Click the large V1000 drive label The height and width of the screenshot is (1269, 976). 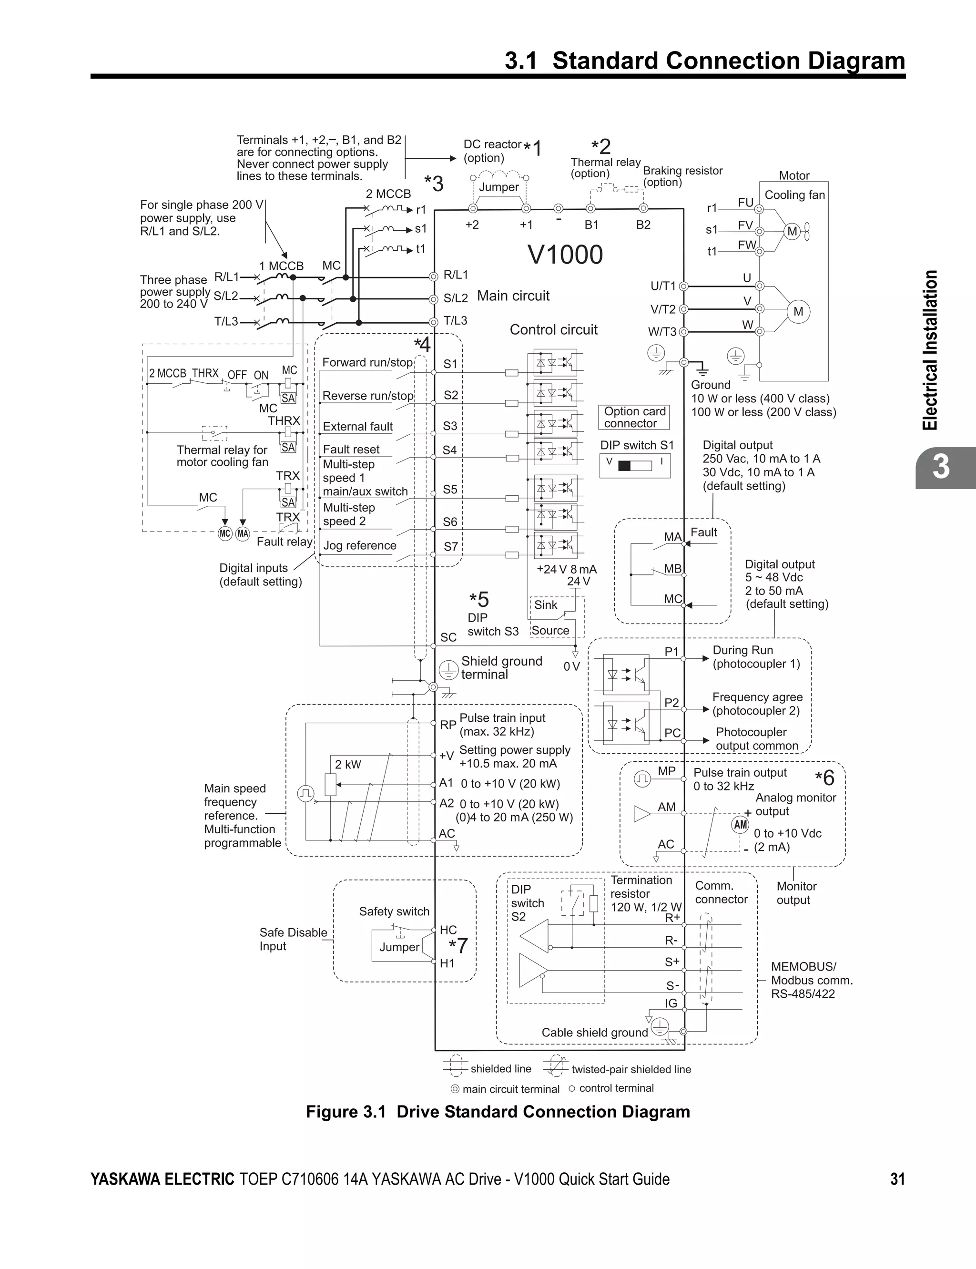click(x=565, y=255)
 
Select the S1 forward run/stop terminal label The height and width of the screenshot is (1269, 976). click(x=450, y=364)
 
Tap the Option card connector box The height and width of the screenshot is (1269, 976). click(x=634, y=417)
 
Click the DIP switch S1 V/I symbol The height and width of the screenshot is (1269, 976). click(x=635, y=465)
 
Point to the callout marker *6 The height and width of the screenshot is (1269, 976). click(x=824, y=778)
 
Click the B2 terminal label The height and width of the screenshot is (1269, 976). click(x=643, y=225)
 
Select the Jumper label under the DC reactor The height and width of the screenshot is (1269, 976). click(x=498, y=187)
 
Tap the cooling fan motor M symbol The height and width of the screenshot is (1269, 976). click(x=793, y=231)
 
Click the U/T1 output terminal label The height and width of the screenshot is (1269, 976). click(x=663, y=286)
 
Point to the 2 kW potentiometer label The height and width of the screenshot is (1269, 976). click(x=347, y=765)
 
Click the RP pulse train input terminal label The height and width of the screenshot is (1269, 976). click(x=448, y=725)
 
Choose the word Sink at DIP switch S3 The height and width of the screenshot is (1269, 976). click(x=546, y=605)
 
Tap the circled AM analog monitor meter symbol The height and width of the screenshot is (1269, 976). click(x=740, y=825)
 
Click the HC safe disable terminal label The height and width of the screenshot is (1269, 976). click(x=448, y=930)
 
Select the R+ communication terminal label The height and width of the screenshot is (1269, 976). click(x=672, y=918)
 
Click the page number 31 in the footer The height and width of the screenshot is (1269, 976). click(x=897, y=1179)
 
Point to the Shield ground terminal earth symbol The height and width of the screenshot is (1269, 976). click(x=448, y=670)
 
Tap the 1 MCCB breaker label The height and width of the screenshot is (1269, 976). click(x=281, y=266)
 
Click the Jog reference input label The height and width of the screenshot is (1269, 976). click(x=360, y=546)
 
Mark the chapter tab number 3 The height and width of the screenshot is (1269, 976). click(x=941, y=467)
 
